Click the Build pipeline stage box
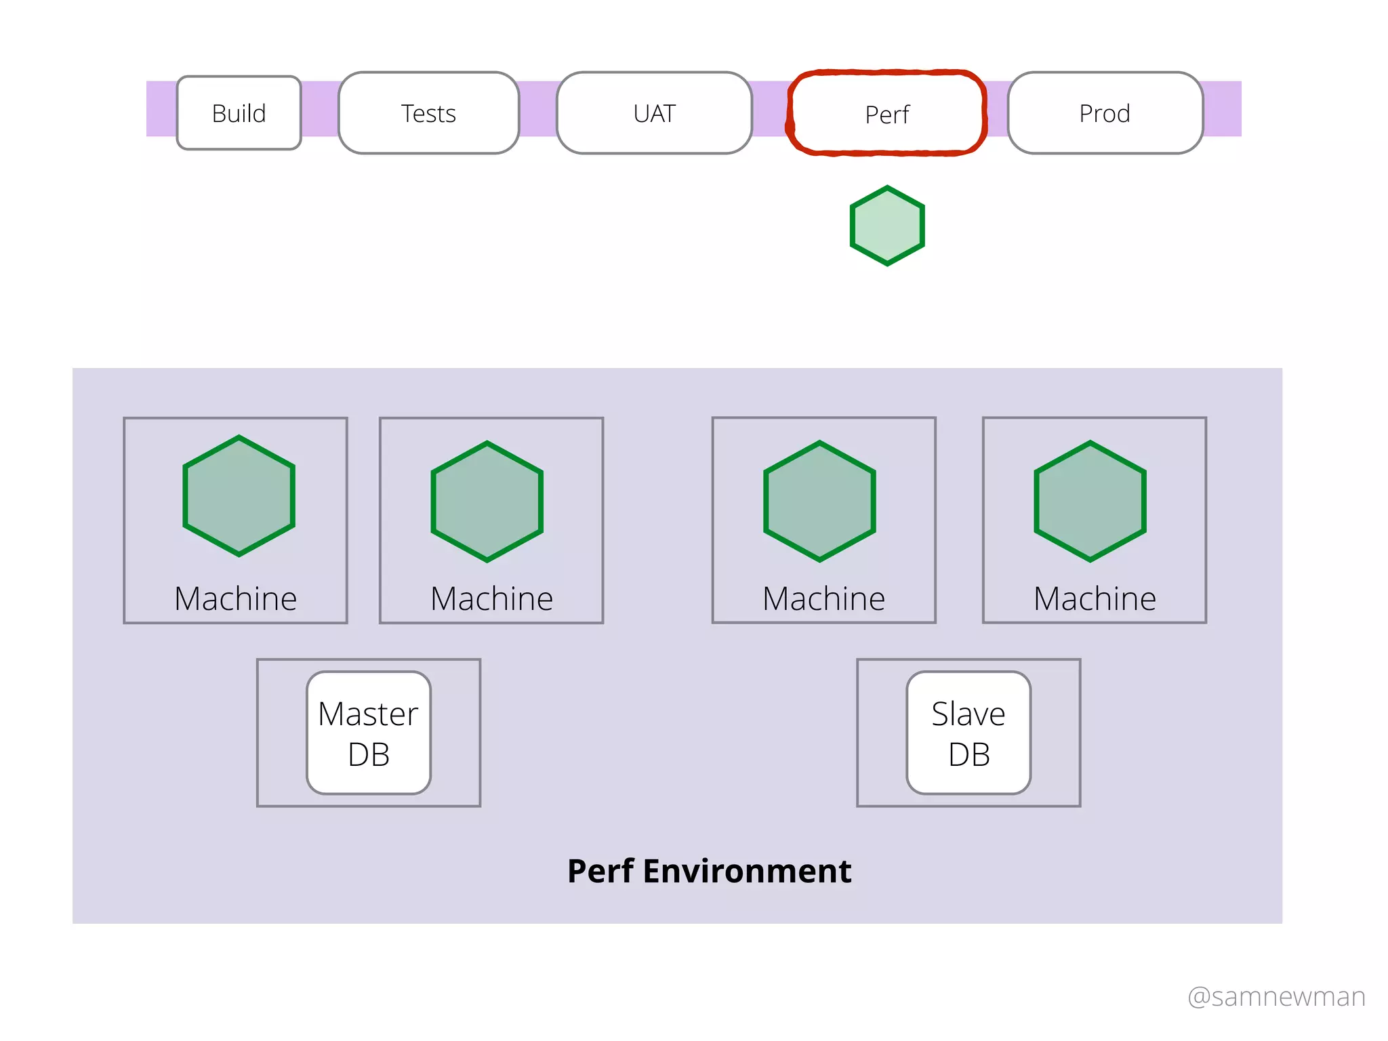pyautogui.click(x=239, y=113)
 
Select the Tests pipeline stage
pyautogui.click(x=428, y=113)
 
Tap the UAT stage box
pyautogui.click(x=654, y=113)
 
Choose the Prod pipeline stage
pyautogui.click(x=1105, y=113)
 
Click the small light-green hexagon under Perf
pyautogui.click(x=887, y=226)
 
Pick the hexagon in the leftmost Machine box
pyautogui.click(x=239, y=496)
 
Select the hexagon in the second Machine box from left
pyautogui.click(x=487, y=502)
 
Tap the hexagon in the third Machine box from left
pyautogui.click(x=819, y=502)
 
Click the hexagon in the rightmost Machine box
pyautogui.click(x=1090, y=502)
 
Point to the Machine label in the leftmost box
pyautogui.click(x=236, y=599)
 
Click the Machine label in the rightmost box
pyautogui.click(x=1095, y=599)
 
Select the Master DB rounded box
pyautogui.click(x=369, y=733)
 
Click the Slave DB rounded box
pyautogui.click(x=968, y=733)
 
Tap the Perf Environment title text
pyautogui.click(x=709, y=871)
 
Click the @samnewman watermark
pyautogui.click(x=1276, y=997)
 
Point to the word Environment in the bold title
pyautogui.click(x=747, y=871)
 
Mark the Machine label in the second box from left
pyautogui.click(x=492, y=599)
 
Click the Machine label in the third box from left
pyautogui.click(x=823, y=599)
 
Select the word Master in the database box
pyautogui.click(x=368, y=714)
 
